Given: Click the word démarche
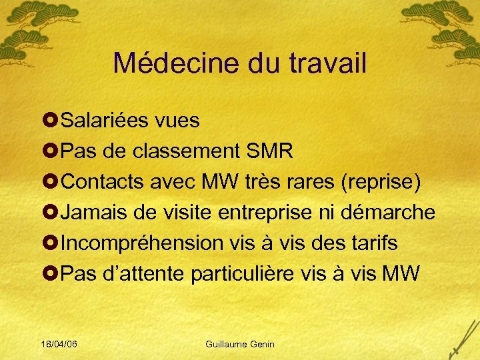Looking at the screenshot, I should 389,213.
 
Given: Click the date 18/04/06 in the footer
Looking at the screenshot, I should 58,344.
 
